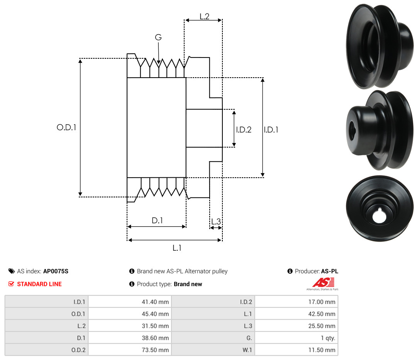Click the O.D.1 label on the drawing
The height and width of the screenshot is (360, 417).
[66, 127]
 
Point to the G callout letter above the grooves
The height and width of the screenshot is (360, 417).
[158, 37]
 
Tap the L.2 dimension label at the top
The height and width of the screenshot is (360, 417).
[205, 17]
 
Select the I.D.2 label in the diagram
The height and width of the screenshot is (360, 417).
[244, 129]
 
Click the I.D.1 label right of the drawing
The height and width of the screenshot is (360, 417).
[271, 129]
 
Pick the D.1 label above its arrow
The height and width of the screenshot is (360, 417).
[157, 220]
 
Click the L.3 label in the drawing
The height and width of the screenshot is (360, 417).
[216, 221]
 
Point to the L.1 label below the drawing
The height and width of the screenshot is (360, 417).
[177, 248]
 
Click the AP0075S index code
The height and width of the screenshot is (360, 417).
[56, 271]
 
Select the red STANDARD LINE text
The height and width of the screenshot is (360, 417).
[39, 284]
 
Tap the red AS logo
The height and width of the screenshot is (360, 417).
[324, 282]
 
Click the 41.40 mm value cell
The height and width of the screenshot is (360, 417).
[130, 302]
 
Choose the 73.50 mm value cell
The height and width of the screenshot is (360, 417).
[130, 350]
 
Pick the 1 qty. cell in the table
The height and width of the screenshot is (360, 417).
[296, 338]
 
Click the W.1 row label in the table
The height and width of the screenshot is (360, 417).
[247, 350]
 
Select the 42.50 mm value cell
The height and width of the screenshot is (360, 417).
[296, 314]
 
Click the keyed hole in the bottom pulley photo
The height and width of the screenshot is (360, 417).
[379, 216]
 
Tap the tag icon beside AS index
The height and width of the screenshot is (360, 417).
[12, 271]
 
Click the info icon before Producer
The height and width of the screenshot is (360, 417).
[290, 271]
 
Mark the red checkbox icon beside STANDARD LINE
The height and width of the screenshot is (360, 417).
[11, 284]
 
